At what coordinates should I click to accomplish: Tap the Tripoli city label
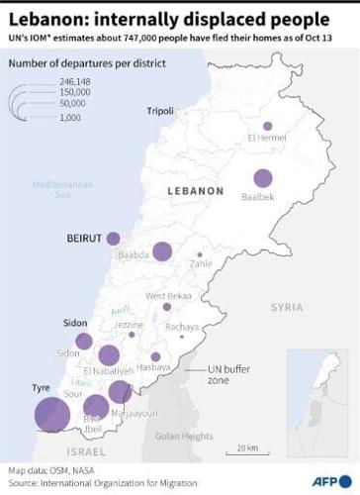coord(162,110)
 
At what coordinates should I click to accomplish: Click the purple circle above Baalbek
coord(262,178)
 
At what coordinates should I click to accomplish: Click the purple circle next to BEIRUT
coord(114,238)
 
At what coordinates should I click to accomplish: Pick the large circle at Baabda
coord(161,253)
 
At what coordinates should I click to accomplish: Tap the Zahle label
coord(201,263)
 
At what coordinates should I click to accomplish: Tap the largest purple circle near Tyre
coord(49,414)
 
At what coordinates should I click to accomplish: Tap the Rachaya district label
coord(181,327)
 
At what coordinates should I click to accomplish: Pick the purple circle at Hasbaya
coord(155,356)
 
